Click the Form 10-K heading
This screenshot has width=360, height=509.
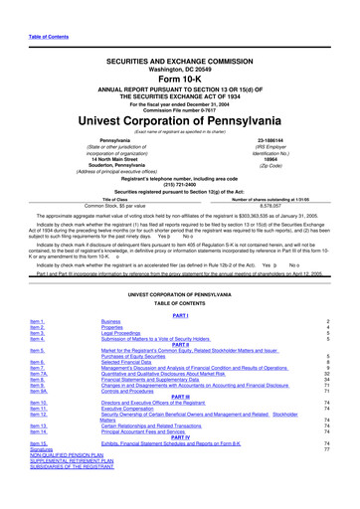click(x=180, y=54)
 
